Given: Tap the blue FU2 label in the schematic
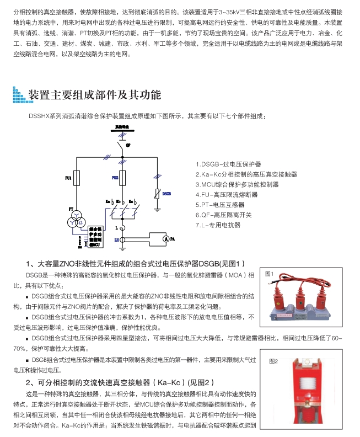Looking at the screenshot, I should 115,178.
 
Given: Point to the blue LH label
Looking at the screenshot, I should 117,240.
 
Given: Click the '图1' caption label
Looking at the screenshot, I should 269,274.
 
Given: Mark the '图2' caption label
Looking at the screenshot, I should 273,361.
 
